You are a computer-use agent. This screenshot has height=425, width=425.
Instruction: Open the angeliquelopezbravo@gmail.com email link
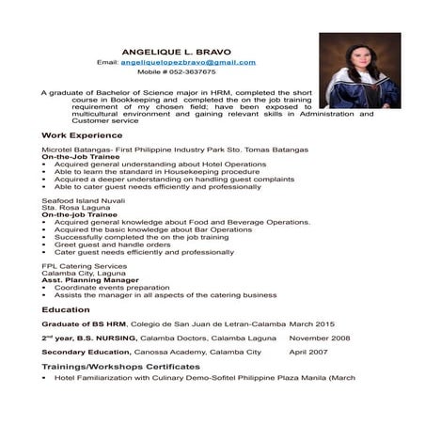point(188,62)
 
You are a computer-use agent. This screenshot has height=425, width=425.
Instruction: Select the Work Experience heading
point(79,135)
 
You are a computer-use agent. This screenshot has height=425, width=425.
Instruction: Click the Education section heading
point(66,308)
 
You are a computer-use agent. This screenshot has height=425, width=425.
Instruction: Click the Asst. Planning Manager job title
point(86,279)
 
